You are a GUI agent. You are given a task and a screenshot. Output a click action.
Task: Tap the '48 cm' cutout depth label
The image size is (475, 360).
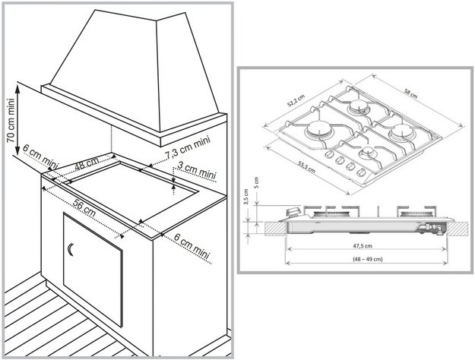click(87, 163)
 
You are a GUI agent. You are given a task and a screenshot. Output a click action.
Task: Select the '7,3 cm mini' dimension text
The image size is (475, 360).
click(188, 147)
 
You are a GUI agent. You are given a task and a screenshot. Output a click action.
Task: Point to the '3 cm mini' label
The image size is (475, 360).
click(196, 171)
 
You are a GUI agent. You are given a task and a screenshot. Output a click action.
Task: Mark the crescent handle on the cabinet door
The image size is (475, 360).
click(71, 249)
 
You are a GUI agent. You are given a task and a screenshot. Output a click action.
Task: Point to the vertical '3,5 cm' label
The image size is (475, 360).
click(248, 204)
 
